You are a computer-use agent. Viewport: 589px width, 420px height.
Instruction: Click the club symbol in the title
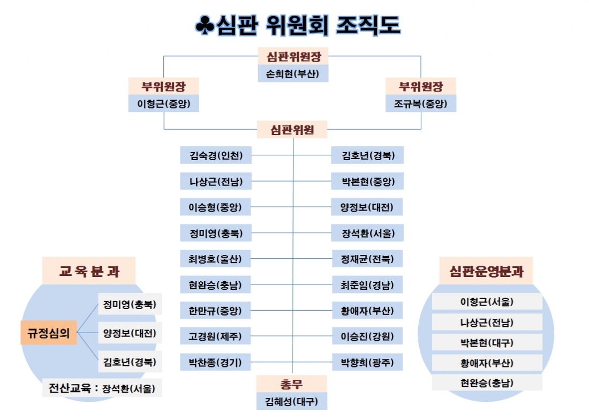coord(205,25)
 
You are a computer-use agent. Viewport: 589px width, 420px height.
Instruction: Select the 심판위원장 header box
coord(293,56)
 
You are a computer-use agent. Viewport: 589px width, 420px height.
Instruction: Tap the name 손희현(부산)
coord(293,73)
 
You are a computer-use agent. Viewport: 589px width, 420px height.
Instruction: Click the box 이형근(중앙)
coord(163,103)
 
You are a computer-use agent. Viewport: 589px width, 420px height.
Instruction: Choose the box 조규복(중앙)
coord(421,103)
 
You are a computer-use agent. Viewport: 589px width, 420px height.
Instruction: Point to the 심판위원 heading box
coord(292,130)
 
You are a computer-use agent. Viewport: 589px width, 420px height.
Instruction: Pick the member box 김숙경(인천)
coord(216,155)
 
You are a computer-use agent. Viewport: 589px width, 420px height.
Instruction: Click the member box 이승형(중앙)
coord(215,207)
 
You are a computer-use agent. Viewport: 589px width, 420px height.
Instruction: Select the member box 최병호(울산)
coord(215,259)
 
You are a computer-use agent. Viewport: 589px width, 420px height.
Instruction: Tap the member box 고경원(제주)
coord(215,336)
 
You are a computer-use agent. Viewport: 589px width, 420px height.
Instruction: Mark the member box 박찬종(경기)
coord(215,362)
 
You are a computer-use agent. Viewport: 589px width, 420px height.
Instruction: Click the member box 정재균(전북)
coord(367,259)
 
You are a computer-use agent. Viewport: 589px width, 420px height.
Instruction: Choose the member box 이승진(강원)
coord(367,336)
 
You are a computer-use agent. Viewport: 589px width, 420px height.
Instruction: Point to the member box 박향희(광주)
coord(367,362)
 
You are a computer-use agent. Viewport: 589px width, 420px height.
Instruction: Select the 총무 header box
coord(291,384)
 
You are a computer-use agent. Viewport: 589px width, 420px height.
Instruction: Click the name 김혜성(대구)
coord(291,401)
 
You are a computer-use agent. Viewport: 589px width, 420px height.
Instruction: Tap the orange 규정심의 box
coord(49,333)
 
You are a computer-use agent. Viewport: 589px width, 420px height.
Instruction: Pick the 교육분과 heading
coord(89,271)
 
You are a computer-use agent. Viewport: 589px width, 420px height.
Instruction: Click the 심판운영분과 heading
coord(486,271)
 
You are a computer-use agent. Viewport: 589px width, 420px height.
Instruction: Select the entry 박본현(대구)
coord(487,343)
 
